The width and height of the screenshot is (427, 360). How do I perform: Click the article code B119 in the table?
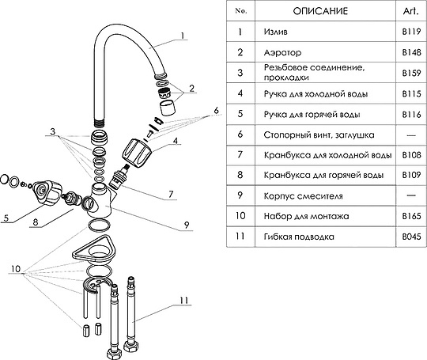coord(411,32)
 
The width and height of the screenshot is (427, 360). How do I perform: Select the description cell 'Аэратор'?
coord(282,52)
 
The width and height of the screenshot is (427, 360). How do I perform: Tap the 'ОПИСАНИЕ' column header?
coord(320,11)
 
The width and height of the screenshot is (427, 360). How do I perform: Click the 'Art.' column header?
coord(410,11)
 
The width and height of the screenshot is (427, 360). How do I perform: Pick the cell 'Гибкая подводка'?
coord(299,237)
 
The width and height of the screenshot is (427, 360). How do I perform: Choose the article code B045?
coord(411,237)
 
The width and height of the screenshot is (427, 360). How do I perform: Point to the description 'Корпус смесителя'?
coord(303,196)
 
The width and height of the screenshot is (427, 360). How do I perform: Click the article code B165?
coord(411,216)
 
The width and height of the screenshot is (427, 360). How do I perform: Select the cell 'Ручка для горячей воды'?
coord(312,115)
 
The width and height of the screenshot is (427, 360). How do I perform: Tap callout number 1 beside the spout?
coord(183,36)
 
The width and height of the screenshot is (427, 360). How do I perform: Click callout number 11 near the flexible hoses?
coord(184,301)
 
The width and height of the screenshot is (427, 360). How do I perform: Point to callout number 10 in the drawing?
coord(16,269)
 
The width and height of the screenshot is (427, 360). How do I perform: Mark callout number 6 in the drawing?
coord(216,110)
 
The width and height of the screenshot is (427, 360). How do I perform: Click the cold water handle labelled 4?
coord(137,153)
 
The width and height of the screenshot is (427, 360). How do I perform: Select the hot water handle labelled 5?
coord(47,192)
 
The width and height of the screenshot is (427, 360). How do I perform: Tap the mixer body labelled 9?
coord(101,201)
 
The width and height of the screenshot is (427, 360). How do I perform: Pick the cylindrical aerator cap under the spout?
coord(167,108)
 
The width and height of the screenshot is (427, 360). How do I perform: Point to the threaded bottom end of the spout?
coord(99,122)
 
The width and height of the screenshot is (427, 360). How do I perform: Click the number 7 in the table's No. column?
coord(240,154)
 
